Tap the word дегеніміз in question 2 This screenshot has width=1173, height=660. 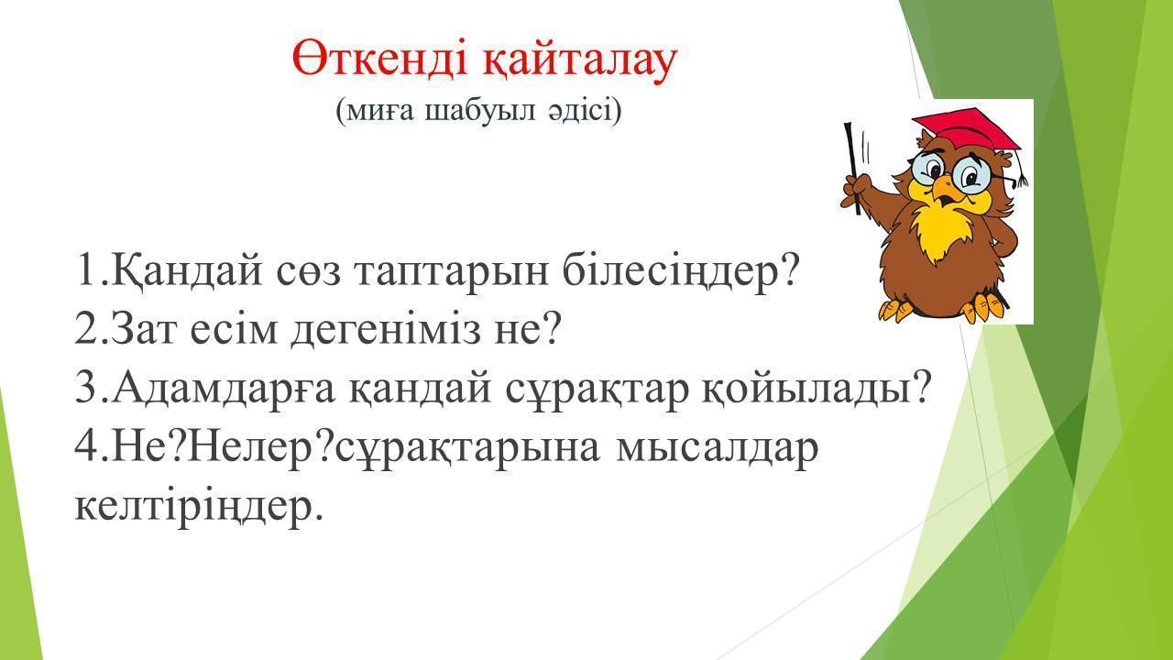point(385,331)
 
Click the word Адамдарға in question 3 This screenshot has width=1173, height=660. point(223,390)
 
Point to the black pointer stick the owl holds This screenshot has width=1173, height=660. point(852,168)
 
